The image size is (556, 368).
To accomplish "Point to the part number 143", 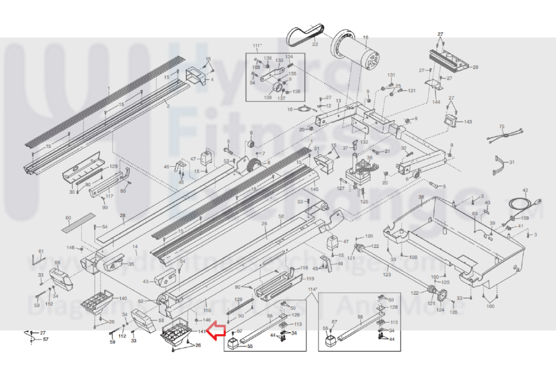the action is pyautogui.click(x=468, y=122).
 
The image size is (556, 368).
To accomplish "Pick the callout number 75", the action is pyautogui.click(x=501, y=126).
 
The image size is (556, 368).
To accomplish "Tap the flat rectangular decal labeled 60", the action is pyautogui.click(x=78, y=223).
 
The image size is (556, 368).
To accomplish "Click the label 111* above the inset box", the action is pyautogui.click(x=257, y=46).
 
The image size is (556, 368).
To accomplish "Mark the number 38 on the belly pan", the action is pyautogui.click(x=421, y=197).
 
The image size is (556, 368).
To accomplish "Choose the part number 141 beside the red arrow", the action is pyautogui.click(x=202, y=332).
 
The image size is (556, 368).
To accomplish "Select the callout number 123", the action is pyautogui.click(x=387, y=275).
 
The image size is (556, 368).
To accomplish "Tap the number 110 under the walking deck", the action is pyautogui.click(x=207, y=310).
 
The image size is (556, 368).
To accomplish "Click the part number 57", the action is pyautogui.click(x=46, y=339).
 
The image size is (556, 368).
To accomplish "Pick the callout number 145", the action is pyautogui.click(x=314, y=189).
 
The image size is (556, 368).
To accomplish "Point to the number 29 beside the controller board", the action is pyautogui.click(x=475, y=67).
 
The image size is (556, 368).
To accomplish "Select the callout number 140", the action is pyautogui.click(x=123, y=298).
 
